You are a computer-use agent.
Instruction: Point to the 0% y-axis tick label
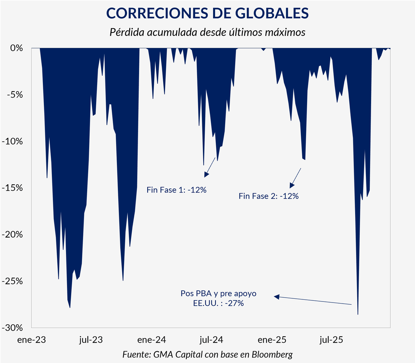pos(16,48)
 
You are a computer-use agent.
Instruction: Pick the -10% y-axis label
pos(12,141)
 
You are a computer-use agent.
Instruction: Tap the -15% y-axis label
pos(12,188)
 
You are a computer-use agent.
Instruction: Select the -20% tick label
pos(12,235)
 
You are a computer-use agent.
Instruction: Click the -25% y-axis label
pos(12,281)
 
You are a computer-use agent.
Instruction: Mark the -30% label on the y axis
pos(12,328)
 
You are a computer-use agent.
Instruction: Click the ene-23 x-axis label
pos(31,340)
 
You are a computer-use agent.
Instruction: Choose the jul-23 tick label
pos(91,340)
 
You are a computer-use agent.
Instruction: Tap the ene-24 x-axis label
pos(151,340)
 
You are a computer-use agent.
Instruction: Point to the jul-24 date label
pos(211,340)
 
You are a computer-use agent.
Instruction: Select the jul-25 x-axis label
pos(331,340)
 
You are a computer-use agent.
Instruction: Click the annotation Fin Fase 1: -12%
pos(176,190)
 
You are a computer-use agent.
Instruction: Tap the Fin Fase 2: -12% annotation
pos(269,196)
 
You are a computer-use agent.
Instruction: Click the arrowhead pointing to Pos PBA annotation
pos(276,297)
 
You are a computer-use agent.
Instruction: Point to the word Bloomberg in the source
pos(272,354)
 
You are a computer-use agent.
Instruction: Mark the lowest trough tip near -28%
pos(358,314)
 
